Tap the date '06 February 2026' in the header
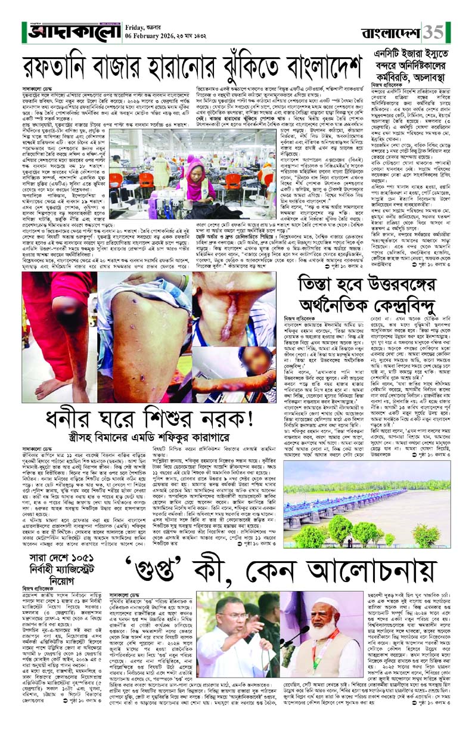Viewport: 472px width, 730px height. click(x=152, y=35)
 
